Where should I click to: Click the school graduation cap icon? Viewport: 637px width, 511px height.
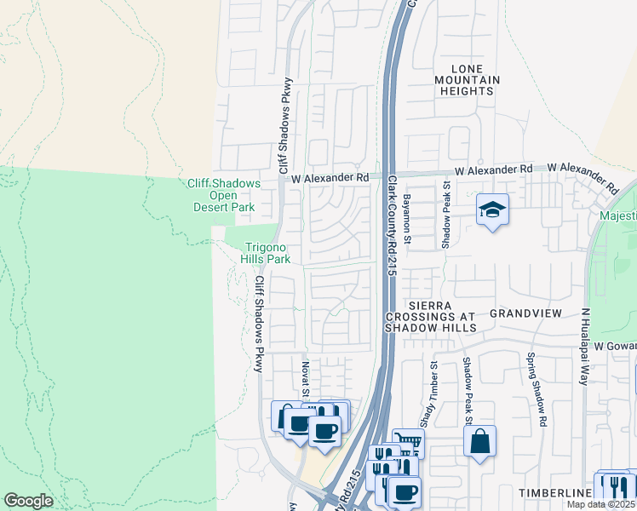(492, 210)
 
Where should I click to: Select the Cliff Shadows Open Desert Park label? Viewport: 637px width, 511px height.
(221, 195)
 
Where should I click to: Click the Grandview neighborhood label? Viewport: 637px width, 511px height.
(525, 313)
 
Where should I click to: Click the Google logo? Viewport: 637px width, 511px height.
(28, 501)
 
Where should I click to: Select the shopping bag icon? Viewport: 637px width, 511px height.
(479, 441)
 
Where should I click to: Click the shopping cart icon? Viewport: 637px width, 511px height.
(408, 443)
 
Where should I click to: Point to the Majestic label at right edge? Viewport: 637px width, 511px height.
(617, 216)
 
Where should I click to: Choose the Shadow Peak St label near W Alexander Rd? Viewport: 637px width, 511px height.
(445, 219)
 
